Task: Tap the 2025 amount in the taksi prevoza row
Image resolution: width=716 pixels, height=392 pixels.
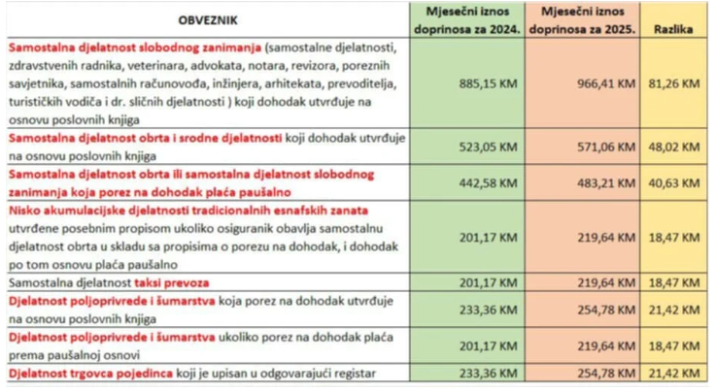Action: pos(602,281)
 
